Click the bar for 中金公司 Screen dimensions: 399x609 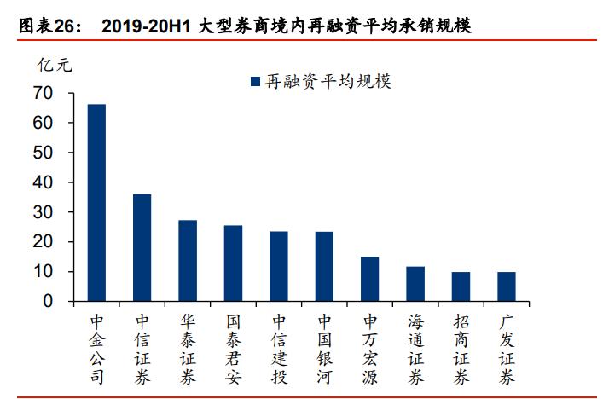[x=96, y=203]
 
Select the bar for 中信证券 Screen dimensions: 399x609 [x=142, y=248]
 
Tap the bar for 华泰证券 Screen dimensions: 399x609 [x=188, y=261]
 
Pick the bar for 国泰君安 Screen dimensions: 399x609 [x=233, y=263]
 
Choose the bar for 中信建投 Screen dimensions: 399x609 [x=279, y=266]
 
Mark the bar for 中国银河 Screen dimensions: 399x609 [x=324, y=266]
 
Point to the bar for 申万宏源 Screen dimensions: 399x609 [x=369, y=279]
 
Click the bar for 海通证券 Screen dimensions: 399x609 [x=415, y=284]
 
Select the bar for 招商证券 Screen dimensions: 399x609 [x=461, y=286]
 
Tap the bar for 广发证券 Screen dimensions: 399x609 [x=507, y=286]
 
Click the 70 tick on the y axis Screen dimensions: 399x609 [x=43, y=93]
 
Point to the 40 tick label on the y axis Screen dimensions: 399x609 [x=43, y=182]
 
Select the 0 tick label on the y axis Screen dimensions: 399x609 [x=48, y=302]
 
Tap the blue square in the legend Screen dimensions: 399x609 [x=254, y=81]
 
